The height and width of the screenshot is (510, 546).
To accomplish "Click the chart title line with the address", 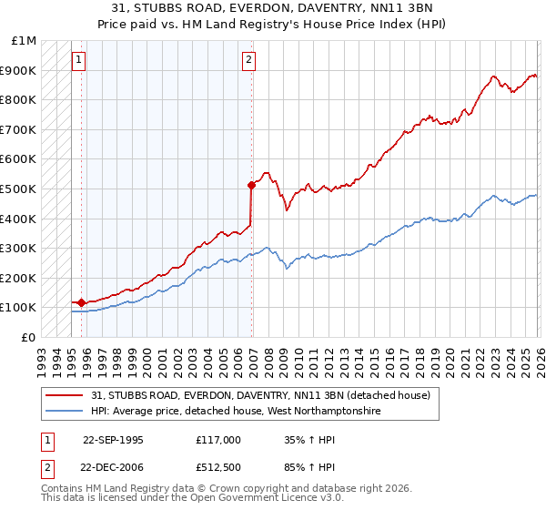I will coord(273,8).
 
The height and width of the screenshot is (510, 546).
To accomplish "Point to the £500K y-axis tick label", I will coord(18,189).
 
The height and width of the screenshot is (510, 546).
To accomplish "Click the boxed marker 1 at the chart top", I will coord(79,61).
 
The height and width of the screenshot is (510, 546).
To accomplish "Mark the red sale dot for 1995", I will coord(82,302).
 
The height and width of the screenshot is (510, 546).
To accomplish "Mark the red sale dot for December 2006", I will coord(251,185).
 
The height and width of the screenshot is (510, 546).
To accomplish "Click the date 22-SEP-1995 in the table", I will coord(113,439).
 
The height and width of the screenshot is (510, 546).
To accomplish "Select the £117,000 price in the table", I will coord(218,439).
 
